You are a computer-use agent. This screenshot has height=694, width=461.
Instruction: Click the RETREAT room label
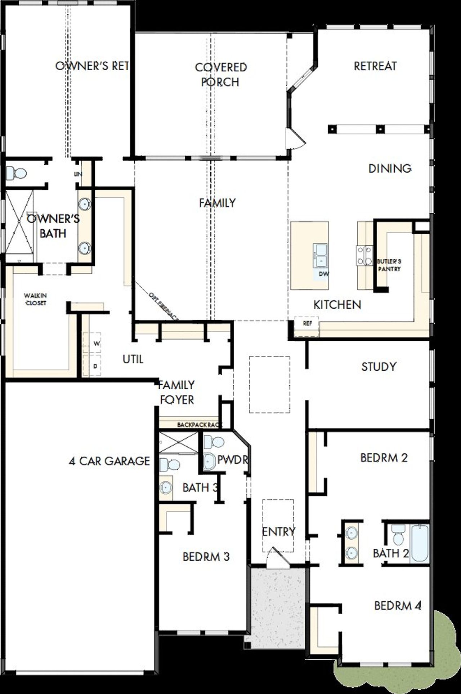point(375,66)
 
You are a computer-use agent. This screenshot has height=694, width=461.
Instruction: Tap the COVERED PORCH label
point(221,75)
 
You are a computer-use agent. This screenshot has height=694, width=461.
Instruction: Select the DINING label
point(390,168)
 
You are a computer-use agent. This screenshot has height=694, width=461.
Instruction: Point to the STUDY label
point(379,367)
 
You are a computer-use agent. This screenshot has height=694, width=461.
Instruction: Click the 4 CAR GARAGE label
point(109,461)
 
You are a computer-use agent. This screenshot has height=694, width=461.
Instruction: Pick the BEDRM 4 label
point(398,605)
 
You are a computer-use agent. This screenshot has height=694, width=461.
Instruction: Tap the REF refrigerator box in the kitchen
point(307,323)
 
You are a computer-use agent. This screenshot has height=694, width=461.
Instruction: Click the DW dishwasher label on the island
point(323,274)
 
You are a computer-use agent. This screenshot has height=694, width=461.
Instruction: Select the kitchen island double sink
point(320,255)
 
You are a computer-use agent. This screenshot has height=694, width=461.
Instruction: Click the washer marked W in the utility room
point(96,344)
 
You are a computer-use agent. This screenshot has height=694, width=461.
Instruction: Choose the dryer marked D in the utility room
point(95,366)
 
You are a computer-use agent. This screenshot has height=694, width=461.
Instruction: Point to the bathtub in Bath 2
point(420,543)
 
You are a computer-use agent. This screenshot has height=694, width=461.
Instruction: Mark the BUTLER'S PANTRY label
point(389,265)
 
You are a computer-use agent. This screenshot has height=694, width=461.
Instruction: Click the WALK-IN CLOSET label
point(36,299)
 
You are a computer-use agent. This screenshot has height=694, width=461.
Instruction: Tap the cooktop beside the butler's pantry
point(364,255)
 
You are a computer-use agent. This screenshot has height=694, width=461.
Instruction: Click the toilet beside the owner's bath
point(17,173)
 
